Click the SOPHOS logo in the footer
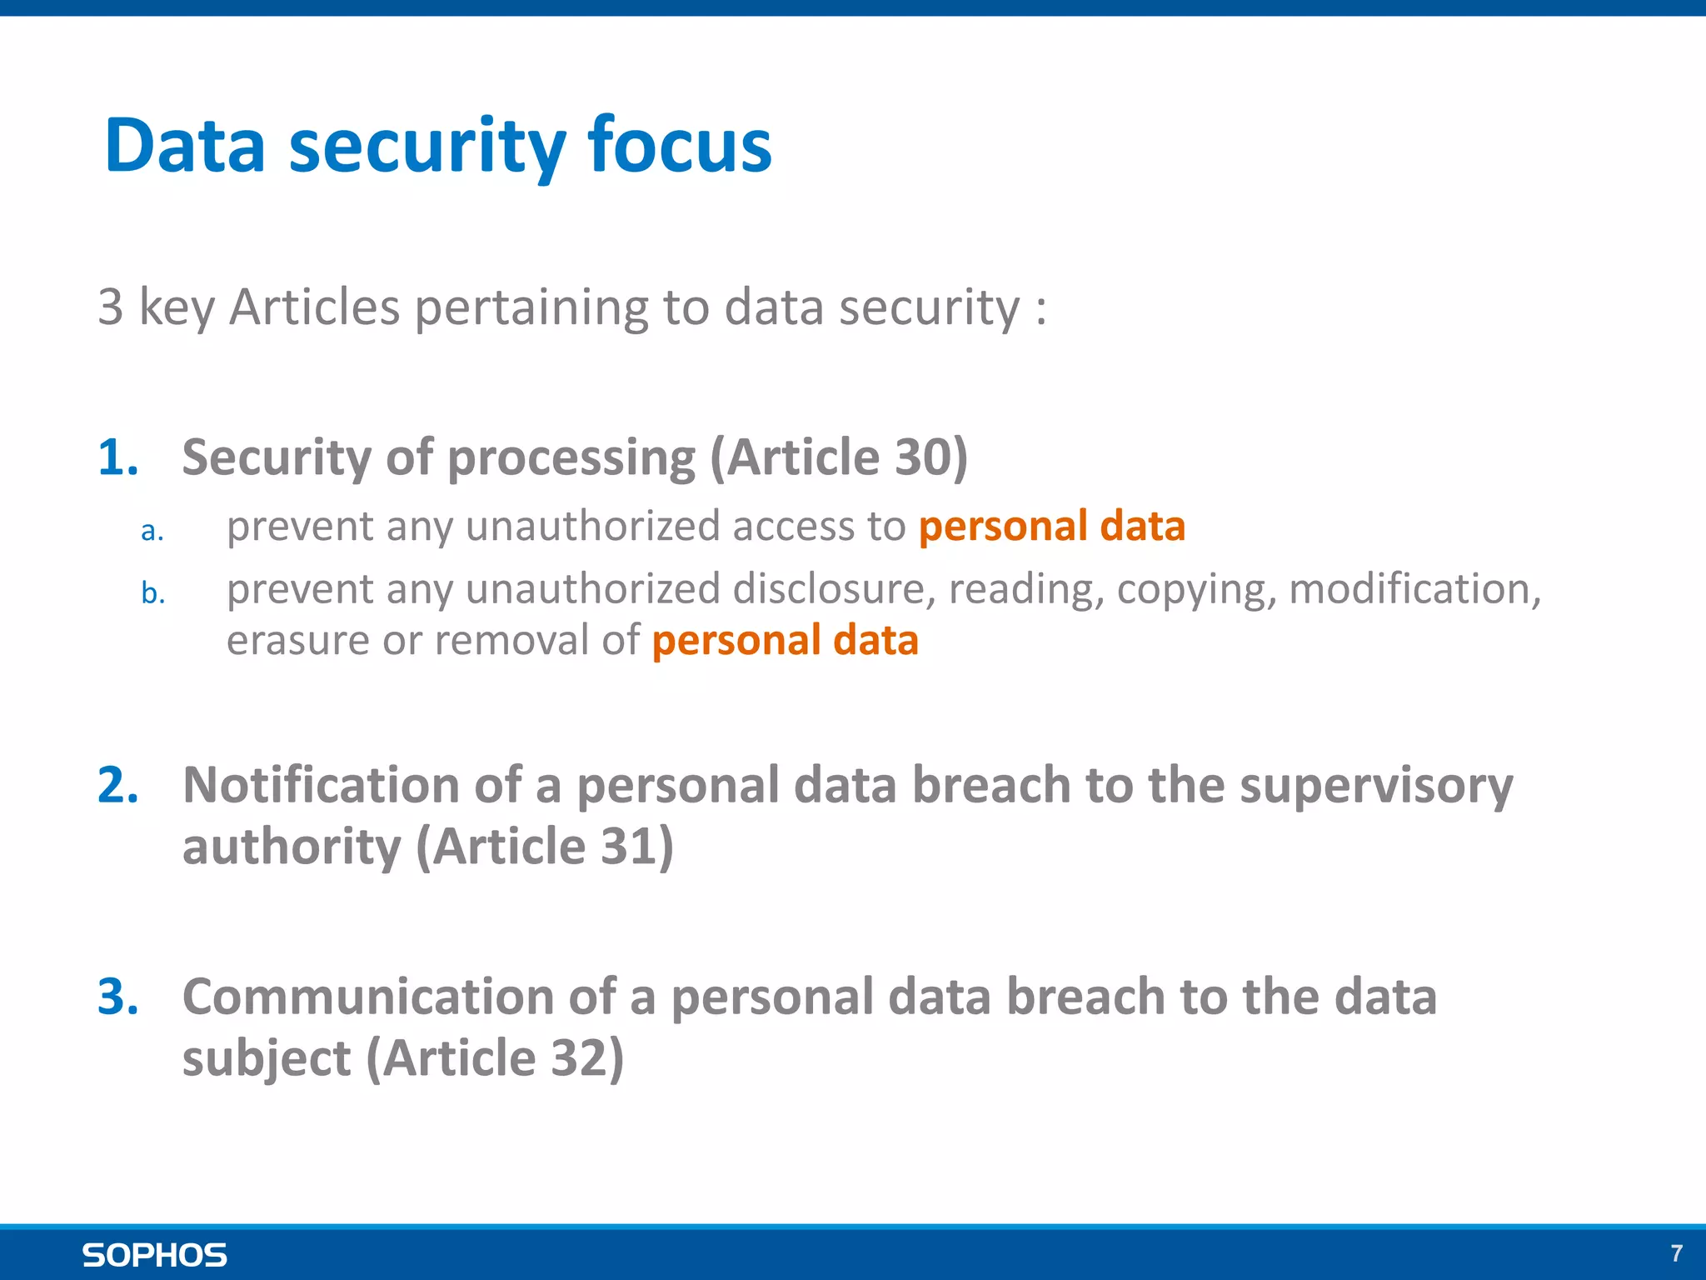pos(154,1255)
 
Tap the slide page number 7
pos(1676,1253)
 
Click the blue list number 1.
pos(117,457)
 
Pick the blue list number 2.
pos(117,785)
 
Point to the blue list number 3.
pos(117,997)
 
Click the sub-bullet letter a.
pos(152,530)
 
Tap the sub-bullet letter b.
pos(152,593)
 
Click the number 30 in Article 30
pos(922,457)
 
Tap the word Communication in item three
pos(368,997)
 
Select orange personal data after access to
pos(1051,527)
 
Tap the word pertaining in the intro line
pos(531,307)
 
